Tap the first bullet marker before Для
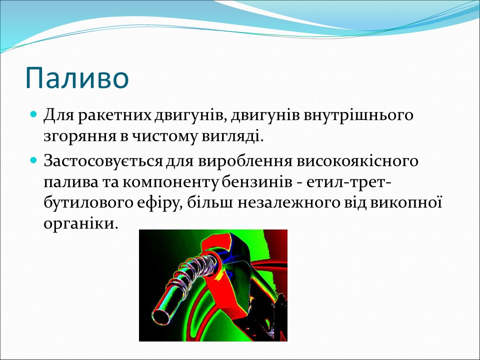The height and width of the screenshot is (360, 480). [34, 114]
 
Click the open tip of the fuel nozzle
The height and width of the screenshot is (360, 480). [161, 317]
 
